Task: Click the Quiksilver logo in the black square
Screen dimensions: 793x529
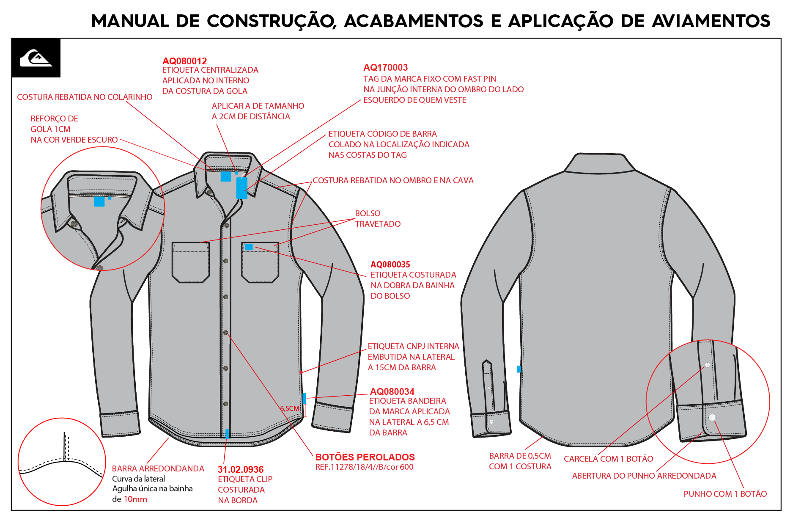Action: tap(36, 58)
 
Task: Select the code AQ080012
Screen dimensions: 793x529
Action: tap(185, 61)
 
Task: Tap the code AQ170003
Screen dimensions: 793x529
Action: tap(386, 67)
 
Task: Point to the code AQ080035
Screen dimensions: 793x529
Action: tap(390, 264)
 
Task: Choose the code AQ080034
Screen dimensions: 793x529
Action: tap(392, 391)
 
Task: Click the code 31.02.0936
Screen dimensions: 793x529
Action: tap(241, 469)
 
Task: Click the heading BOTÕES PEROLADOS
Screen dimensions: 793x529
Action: tap(365, 457)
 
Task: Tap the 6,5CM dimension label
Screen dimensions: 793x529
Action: tap(290, 408)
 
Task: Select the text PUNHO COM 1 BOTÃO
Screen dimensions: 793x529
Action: tap(725, 494)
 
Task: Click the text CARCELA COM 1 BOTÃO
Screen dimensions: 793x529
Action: tap(609, 459)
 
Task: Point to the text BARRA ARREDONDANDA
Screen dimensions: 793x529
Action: tap(158, 468)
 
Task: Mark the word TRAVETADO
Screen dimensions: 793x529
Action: tap(378, 224)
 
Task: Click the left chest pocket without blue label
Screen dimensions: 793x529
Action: tap(190, 262)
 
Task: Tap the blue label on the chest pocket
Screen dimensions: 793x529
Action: tap(249, 247)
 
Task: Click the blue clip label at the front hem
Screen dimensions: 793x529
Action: tap(227, 434)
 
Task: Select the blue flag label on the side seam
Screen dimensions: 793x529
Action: tap(304, 398)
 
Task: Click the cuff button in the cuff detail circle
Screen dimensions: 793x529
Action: tap(712, 417)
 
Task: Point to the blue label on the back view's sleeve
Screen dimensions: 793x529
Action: tap(519, 369)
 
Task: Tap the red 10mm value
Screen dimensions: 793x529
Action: tap(135, 499)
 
